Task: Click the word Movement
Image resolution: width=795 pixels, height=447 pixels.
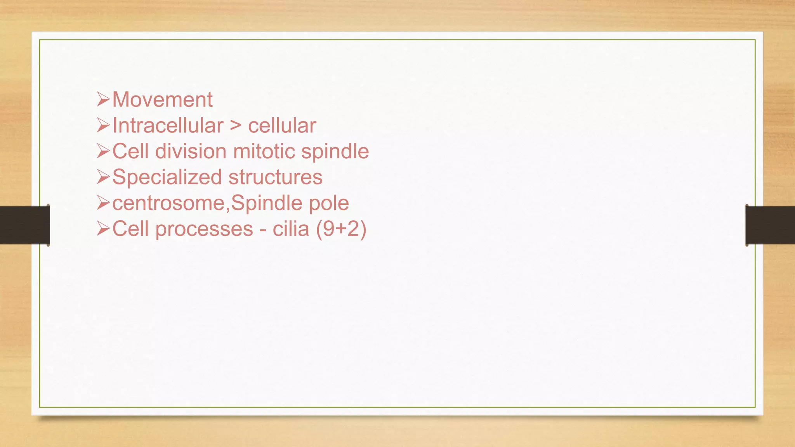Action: [162, 100]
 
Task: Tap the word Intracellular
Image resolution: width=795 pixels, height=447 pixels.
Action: [168, 126]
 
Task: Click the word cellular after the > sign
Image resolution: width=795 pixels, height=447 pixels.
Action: [282, 126]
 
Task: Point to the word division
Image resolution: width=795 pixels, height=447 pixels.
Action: [191, 151]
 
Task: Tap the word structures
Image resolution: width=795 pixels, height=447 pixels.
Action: [275, 177]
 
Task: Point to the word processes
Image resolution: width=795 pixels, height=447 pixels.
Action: [204, 229]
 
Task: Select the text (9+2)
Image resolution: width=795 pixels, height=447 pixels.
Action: [341, 229]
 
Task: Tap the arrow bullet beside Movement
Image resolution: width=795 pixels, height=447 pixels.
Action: [104, 100]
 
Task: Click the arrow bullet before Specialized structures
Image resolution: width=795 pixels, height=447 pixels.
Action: [104, 177]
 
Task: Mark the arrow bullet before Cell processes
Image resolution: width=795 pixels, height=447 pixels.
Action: [104, 229]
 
